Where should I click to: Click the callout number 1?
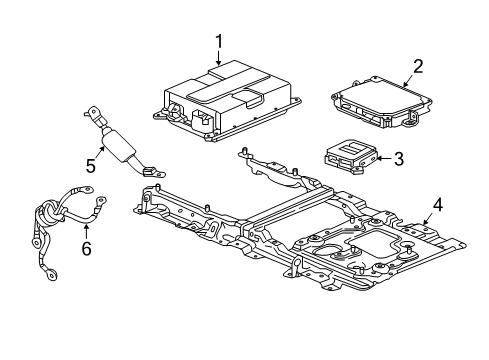point(218,41)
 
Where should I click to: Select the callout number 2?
point(418,66)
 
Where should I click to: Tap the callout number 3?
point(398,157)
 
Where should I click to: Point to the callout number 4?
point(436,207)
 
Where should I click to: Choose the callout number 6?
point(86,246)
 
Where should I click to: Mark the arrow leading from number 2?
point(405,80)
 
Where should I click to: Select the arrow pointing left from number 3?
point(383,157)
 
